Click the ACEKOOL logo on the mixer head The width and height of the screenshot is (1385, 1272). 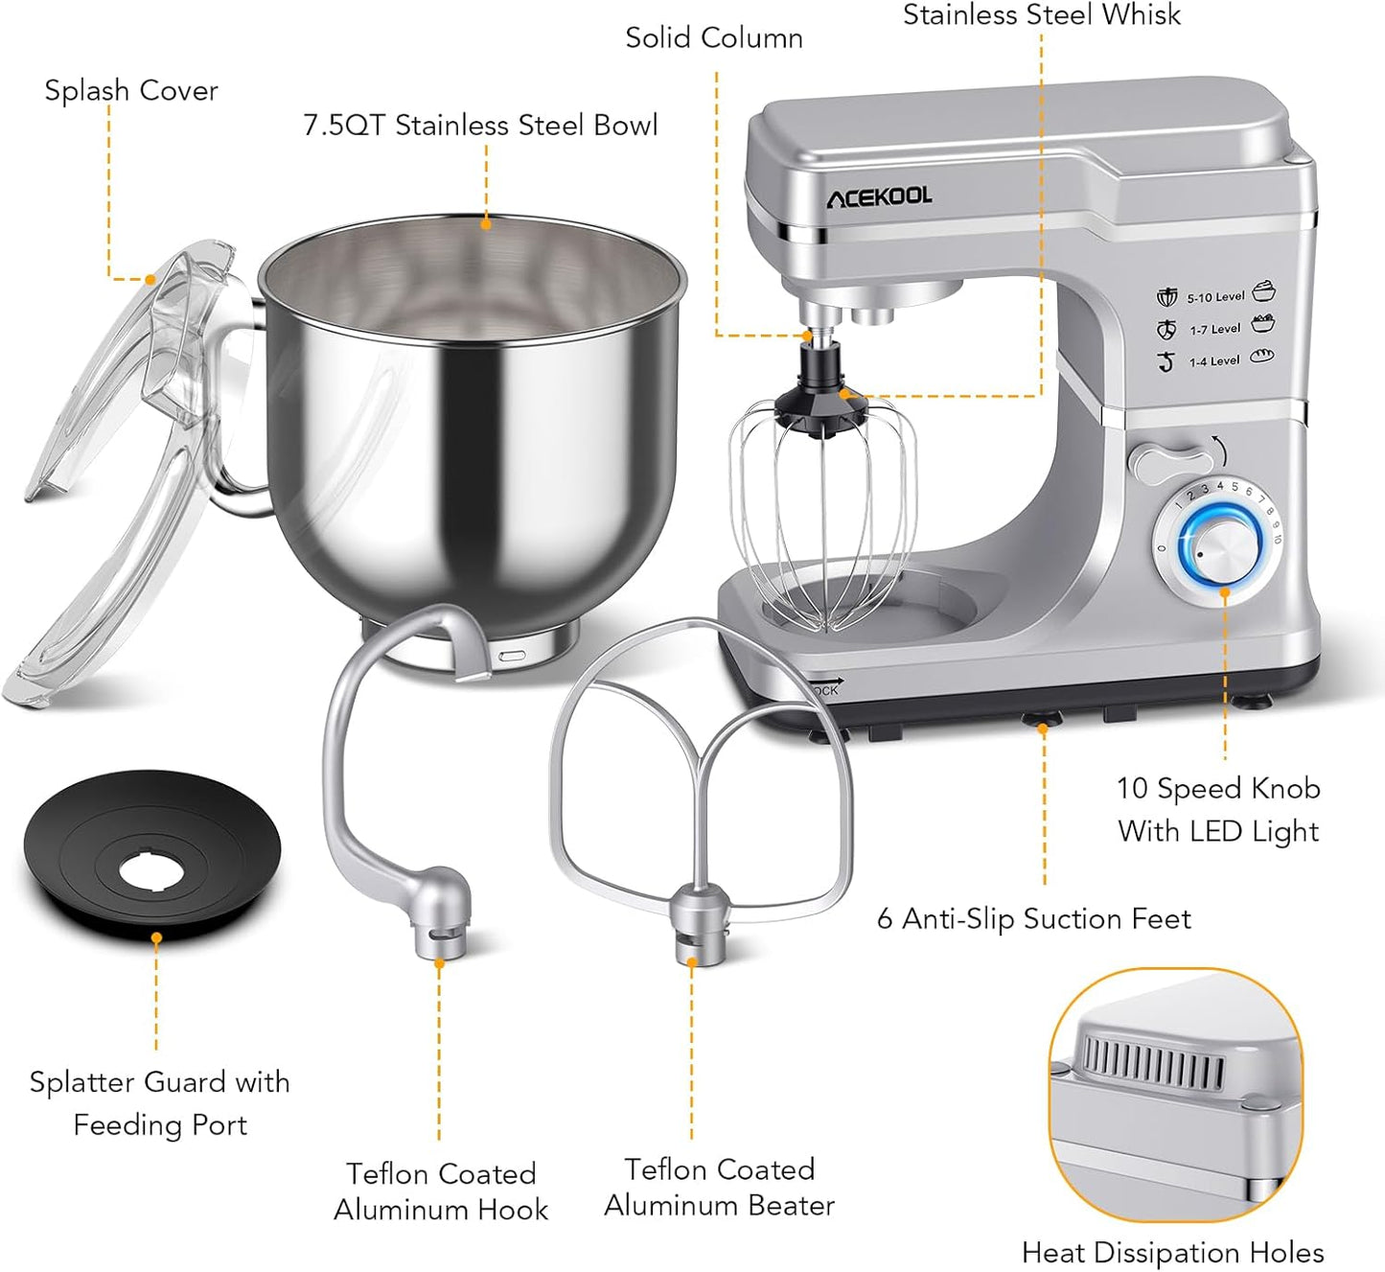coord(879,197)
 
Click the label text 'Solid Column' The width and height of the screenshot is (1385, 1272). coord(714,38)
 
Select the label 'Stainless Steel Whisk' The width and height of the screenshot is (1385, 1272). coord(1042,15)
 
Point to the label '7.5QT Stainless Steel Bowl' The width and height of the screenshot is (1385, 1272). coord(480,126)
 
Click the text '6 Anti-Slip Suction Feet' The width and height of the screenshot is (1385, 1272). coord(1033,918)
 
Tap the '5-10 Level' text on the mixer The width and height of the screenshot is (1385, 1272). coord(1215,297)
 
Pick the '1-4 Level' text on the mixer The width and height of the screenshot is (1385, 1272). coord(1214,361)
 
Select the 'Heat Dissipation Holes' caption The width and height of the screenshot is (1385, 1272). coord(1172,1252)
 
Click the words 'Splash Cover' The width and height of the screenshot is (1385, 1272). coord(131,90)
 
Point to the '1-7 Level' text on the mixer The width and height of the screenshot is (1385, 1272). coord(1215,329)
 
